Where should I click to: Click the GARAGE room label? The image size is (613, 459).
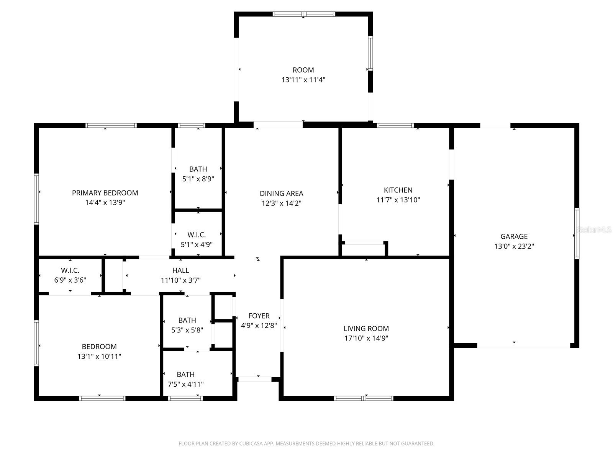click(514, 236)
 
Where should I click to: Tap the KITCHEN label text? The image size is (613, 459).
click(398, 190)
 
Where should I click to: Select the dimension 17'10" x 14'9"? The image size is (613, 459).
click(366, 338)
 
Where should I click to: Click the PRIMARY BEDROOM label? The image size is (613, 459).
click(105, 193)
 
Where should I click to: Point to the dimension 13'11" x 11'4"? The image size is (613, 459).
click(303, 80)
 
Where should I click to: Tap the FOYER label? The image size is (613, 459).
click(259, 316)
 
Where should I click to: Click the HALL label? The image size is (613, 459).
click(180, 270)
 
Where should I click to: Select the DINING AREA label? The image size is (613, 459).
click(281, 194)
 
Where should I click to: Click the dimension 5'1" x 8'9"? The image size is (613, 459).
click(198, 179)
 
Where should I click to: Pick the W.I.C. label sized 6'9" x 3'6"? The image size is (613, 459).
click(70, 270)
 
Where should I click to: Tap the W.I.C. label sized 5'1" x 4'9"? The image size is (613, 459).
click(197, 235)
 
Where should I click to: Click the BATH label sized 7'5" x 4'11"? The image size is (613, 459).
click(185, 374)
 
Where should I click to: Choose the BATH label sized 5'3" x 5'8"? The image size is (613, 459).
click(187, 320)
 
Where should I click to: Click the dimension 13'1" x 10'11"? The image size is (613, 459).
click(99, 356)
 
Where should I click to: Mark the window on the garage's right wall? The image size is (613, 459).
click(577, 233)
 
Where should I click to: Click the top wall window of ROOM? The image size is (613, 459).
click(304, 14)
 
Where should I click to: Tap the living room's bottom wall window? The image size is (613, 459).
click(364, 398)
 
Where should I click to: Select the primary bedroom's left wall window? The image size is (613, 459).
click(36, 199)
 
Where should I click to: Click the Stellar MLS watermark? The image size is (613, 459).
click(594, 230)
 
